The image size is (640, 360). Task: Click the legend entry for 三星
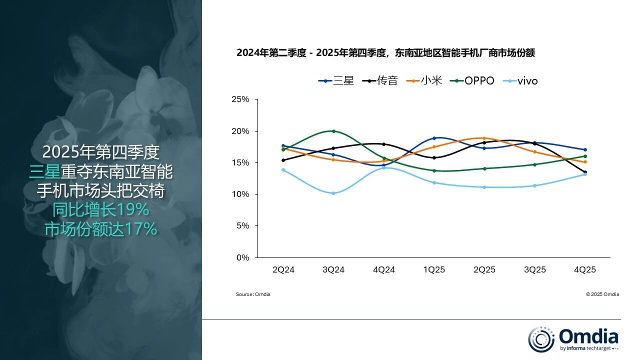tap(336, 80)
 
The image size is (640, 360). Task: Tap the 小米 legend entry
tap(424, 80)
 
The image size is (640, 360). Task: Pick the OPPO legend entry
tap(472, 80)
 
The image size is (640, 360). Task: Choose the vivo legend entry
tap(520, 80)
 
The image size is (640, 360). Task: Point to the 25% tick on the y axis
tap(240, 99)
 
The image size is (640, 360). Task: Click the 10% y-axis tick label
tap(240, 194)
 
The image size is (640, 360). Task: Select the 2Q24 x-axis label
tap(283, 270)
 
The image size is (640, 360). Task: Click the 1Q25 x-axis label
tap(434, 270)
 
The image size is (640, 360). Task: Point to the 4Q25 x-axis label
tap(584, 270)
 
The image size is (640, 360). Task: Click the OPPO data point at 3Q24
tap(333, 131)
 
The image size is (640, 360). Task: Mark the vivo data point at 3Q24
tap(333, 193)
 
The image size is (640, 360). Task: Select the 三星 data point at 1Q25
tap(434, 138)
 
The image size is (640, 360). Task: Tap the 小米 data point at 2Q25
tap(484, 138)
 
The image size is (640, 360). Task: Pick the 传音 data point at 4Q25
tap(584, 172)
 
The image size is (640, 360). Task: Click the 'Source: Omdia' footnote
tap(253, 294)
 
